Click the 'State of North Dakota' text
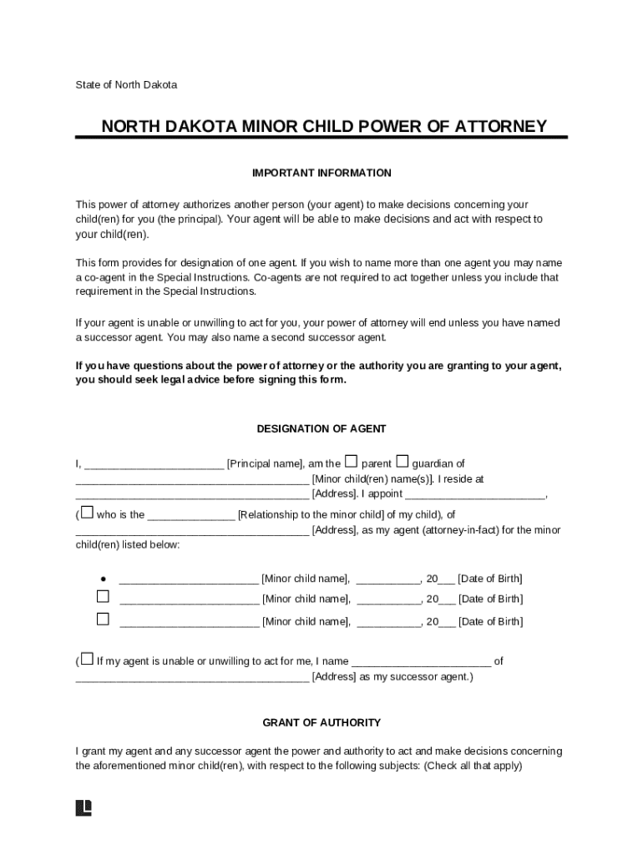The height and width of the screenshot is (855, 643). tap(126, 84)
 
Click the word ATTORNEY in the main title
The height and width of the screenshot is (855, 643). tap(499, 126)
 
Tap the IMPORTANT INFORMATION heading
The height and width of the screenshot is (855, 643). tap(321, 173)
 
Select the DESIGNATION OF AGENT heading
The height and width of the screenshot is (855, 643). tap(321, 428)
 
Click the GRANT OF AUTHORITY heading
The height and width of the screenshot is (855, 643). tap(321, 722)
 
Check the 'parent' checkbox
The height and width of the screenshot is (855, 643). tap(352, 462)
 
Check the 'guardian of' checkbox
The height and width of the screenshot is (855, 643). tap(403, 462)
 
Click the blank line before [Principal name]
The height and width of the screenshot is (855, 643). tap(154, 465)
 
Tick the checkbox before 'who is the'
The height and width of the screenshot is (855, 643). tap(87, 513)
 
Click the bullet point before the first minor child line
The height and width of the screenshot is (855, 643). tap(103, 579)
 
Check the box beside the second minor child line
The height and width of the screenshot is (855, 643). tap(103, 597)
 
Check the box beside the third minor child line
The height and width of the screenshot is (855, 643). tap(103, 620)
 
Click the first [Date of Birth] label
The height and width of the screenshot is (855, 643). tap(490, 579)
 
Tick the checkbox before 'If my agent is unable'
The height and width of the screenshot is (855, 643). tap(87, 660)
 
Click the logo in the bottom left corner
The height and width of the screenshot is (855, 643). tap(84, 807)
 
